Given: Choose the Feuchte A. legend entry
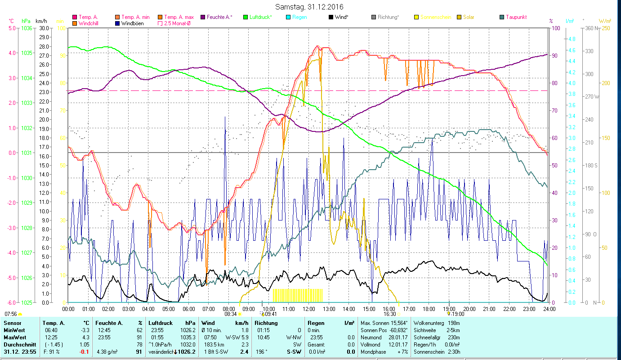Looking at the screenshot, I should (x=219, y=17).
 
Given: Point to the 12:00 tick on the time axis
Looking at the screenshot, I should (x=309, y=309).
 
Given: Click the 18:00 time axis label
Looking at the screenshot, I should (x=429, y=309).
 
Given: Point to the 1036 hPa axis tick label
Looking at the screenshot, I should (x=27, y=28).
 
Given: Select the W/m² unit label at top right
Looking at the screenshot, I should (x=605, y=21).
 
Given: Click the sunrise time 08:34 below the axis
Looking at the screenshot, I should (x=230, y=314).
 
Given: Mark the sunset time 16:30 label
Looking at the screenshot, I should (x=389, y=314).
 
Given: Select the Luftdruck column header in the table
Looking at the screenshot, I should (x=161, y=323).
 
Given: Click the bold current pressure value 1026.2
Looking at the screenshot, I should (x=187, y=352).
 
